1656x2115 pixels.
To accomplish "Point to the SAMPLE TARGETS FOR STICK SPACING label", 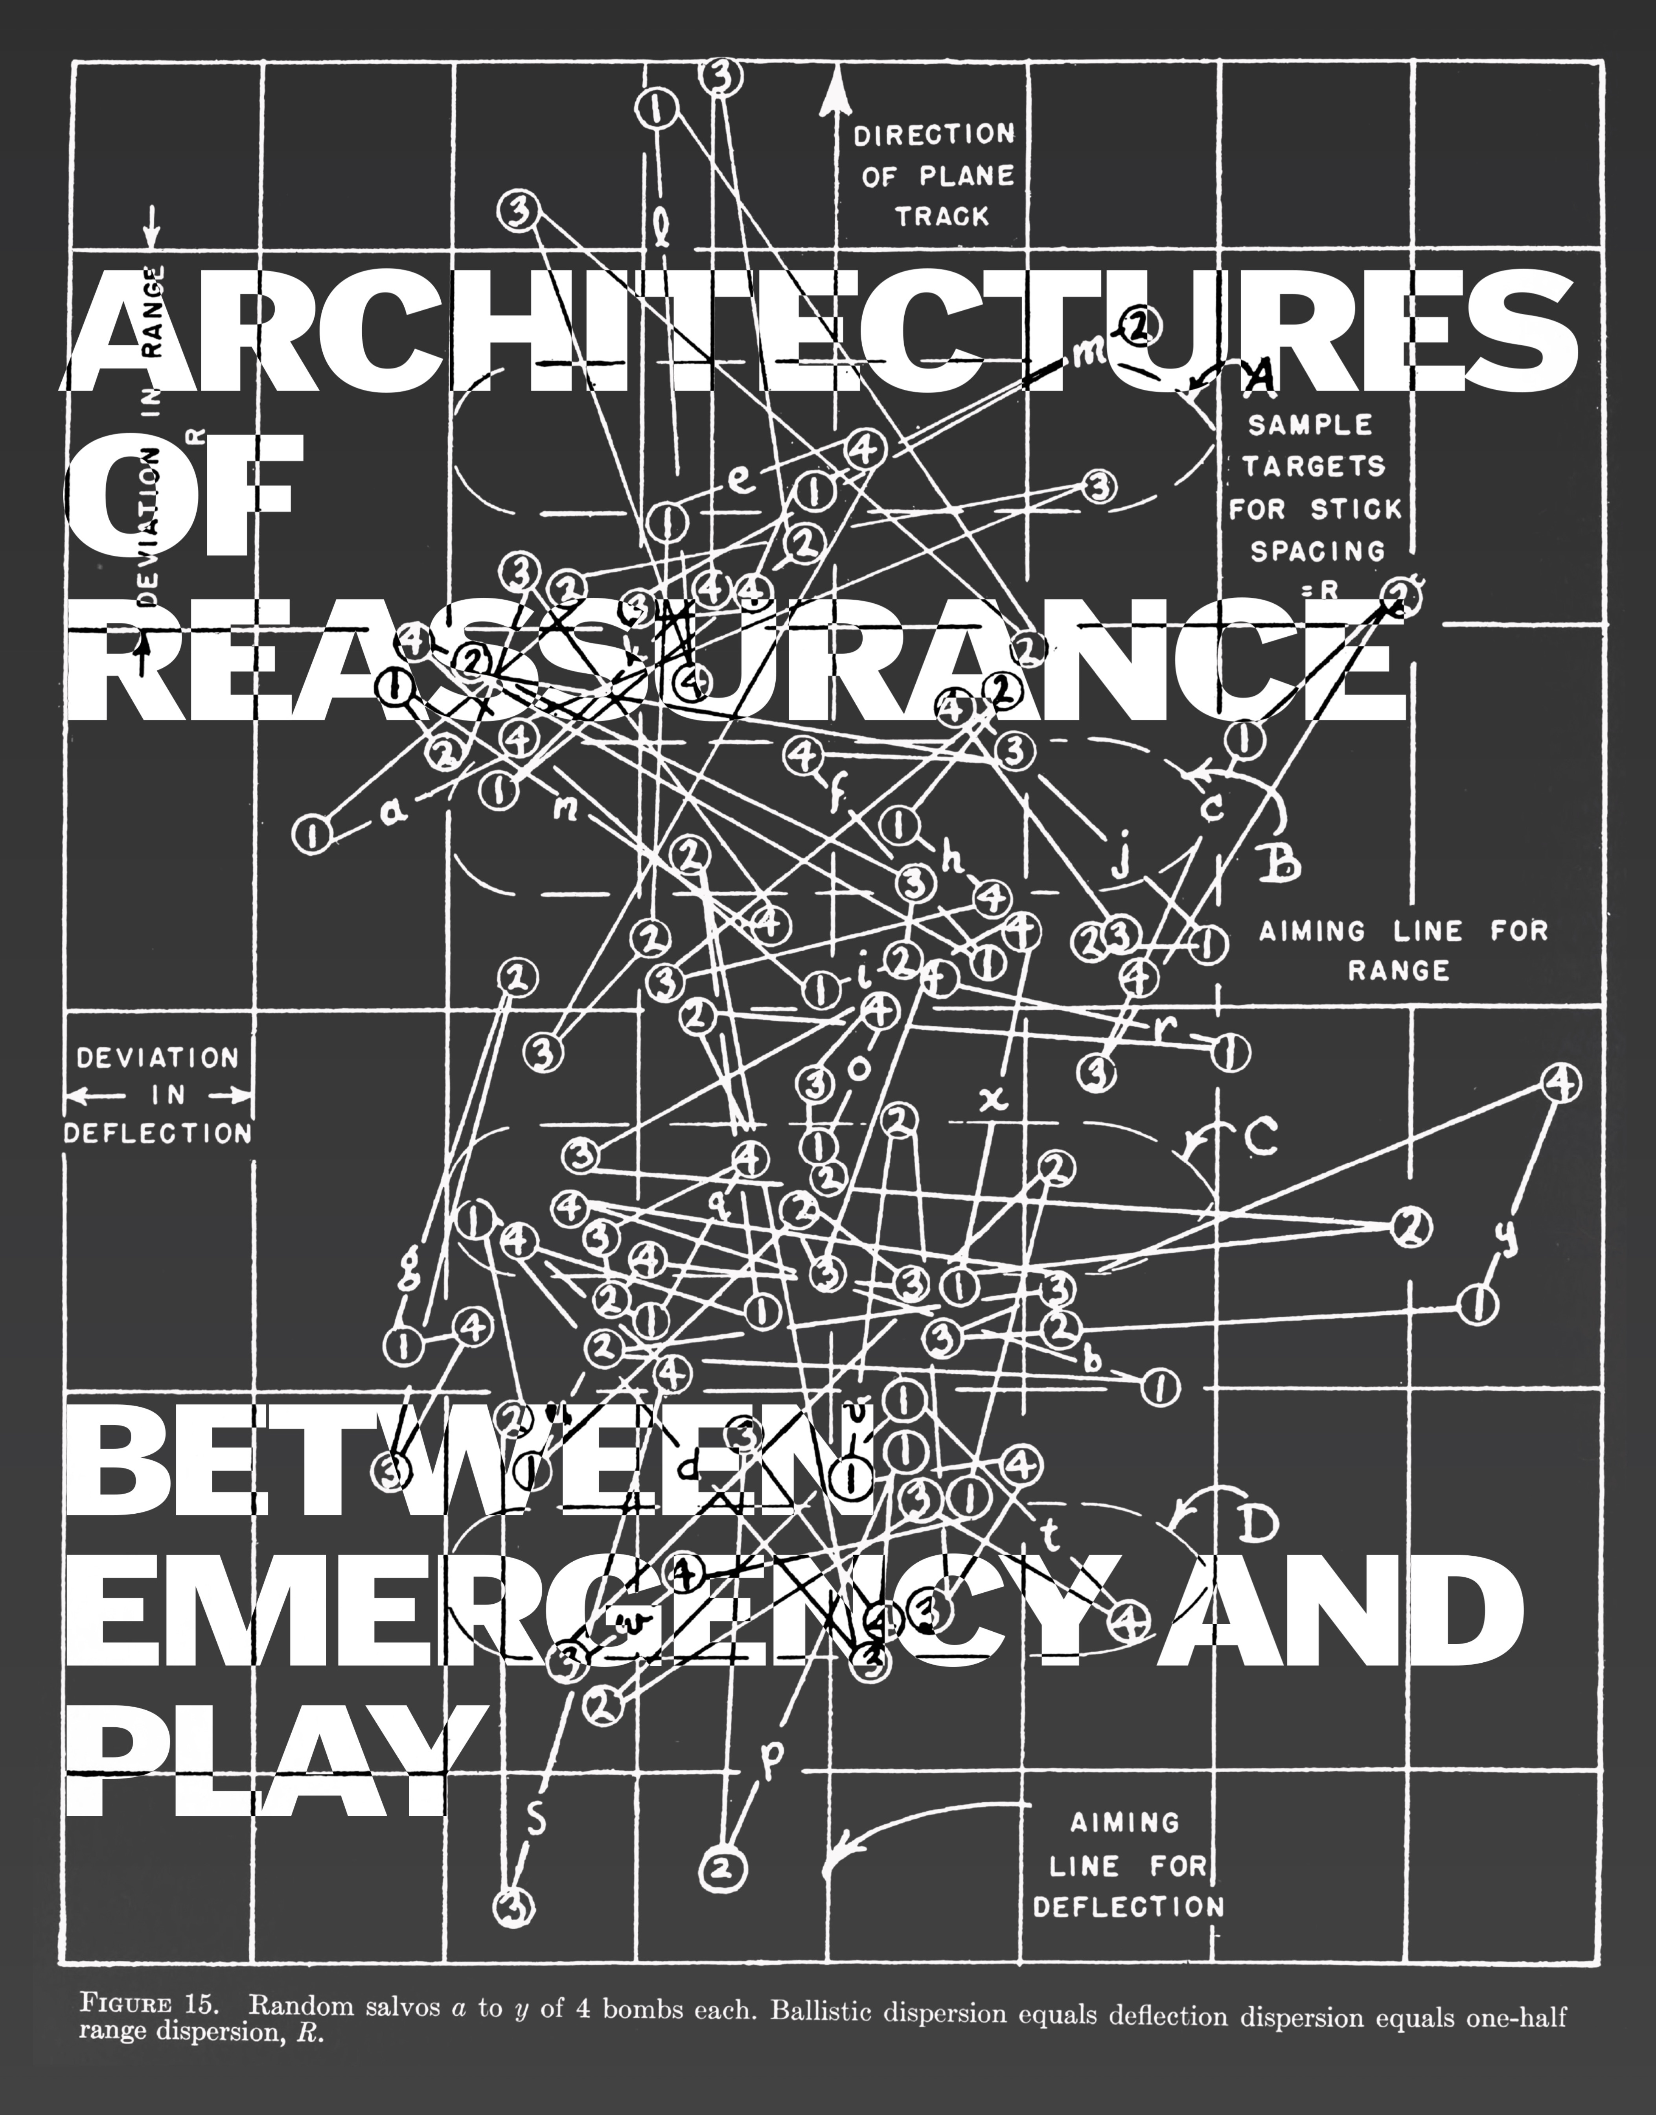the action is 1316,488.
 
